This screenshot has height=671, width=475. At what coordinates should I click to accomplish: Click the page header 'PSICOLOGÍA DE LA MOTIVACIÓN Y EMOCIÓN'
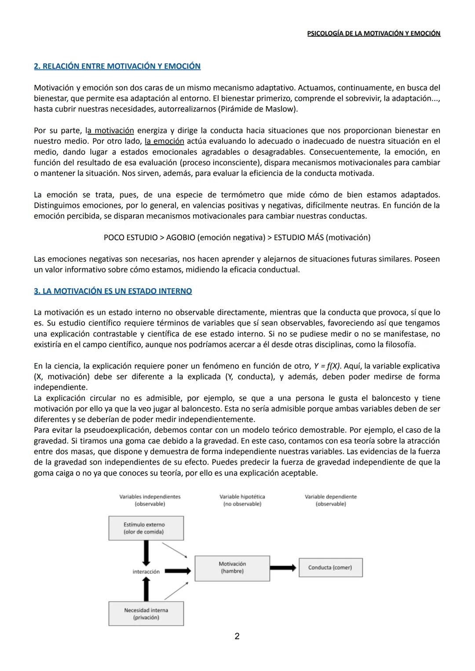point(373,33)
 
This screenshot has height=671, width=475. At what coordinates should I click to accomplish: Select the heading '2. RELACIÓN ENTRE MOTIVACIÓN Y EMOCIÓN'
point(117,66)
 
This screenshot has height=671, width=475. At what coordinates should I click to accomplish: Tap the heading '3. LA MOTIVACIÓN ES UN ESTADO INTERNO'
point(113,291)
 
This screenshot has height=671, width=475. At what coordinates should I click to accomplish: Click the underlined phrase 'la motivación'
point(110,131)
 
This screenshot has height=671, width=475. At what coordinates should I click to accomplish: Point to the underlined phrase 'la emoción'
point(164,141)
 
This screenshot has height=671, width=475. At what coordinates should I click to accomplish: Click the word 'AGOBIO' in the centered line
point(181,238)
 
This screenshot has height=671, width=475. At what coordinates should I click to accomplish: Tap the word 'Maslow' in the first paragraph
point(283,109)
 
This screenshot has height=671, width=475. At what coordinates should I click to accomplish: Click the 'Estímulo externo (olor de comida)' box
point(146,528)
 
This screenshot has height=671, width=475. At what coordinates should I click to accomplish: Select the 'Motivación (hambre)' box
point(232,568)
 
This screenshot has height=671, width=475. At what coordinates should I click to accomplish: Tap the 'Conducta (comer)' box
point(330,568)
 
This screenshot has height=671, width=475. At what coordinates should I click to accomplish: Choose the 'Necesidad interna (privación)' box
point(146,614)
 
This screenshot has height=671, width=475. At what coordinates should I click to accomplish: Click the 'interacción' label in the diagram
point(146,572)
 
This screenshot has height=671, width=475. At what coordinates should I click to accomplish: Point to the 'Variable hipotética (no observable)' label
point(242,500)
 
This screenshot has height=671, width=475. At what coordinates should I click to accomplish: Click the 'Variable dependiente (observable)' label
point(331,500)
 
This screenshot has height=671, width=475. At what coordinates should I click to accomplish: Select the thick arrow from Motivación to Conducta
point(284,568)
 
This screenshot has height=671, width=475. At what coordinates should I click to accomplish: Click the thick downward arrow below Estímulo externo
point(146,553)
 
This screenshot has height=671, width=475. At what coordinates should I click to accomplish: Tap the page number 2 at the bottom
point(237,636)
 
